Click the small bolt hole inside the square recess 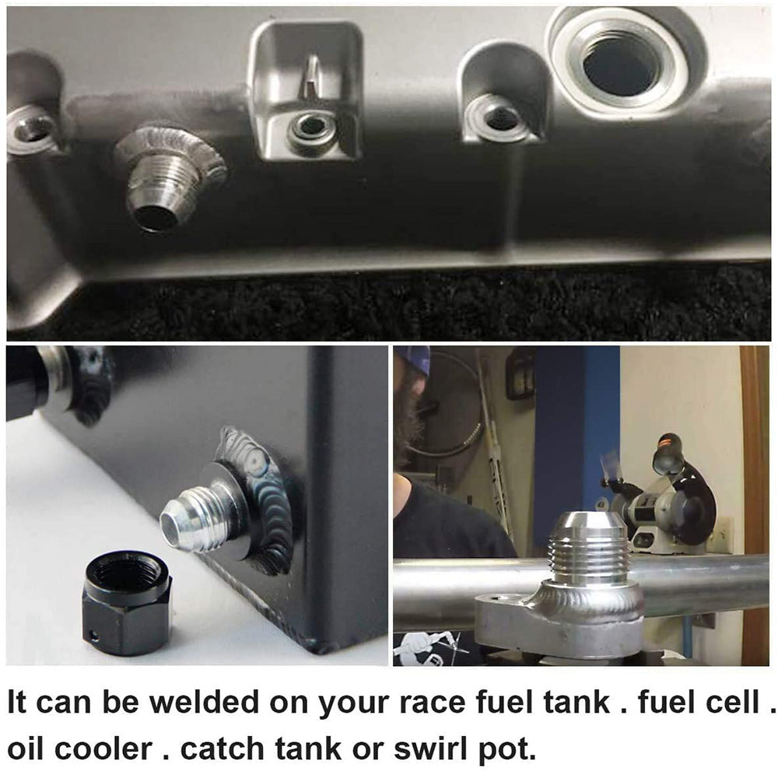(x=311, y=124)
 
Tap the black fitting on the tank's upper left (x=54, y=381)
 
